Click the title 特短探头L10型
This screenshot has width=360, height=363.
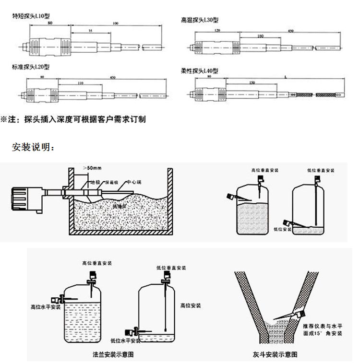31,16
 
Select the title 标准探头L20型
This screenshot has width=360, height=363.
31,67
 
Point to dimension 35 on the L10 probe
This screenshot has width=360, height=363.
91,30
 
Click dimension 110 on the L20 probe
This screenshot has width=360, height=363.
80,83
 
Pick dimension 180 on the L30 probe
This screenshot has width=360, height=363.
261,36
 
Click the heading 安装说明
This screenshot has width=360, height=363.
33,147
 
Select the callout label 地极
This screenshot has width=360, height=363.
95,183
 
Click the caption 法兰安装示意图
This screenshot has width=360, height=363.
113,354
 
